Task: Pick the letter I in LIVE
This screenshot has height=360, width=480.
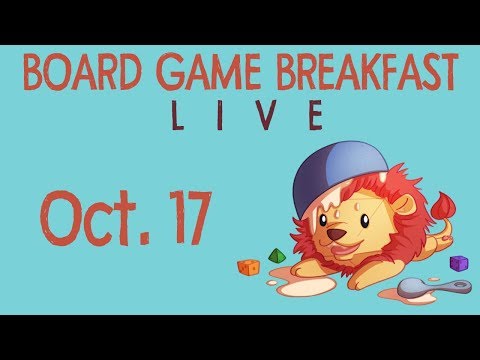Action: pos(222,118)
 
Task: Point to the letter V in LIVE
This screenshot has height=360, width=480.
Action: pos(267,118)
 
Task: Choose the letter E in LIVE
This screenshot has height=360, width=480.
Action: pos(313,118)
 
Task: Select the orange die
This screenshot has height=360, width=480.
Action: pos(247,267)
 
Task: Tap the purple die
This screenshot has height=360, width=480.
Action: pos(459,263)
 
